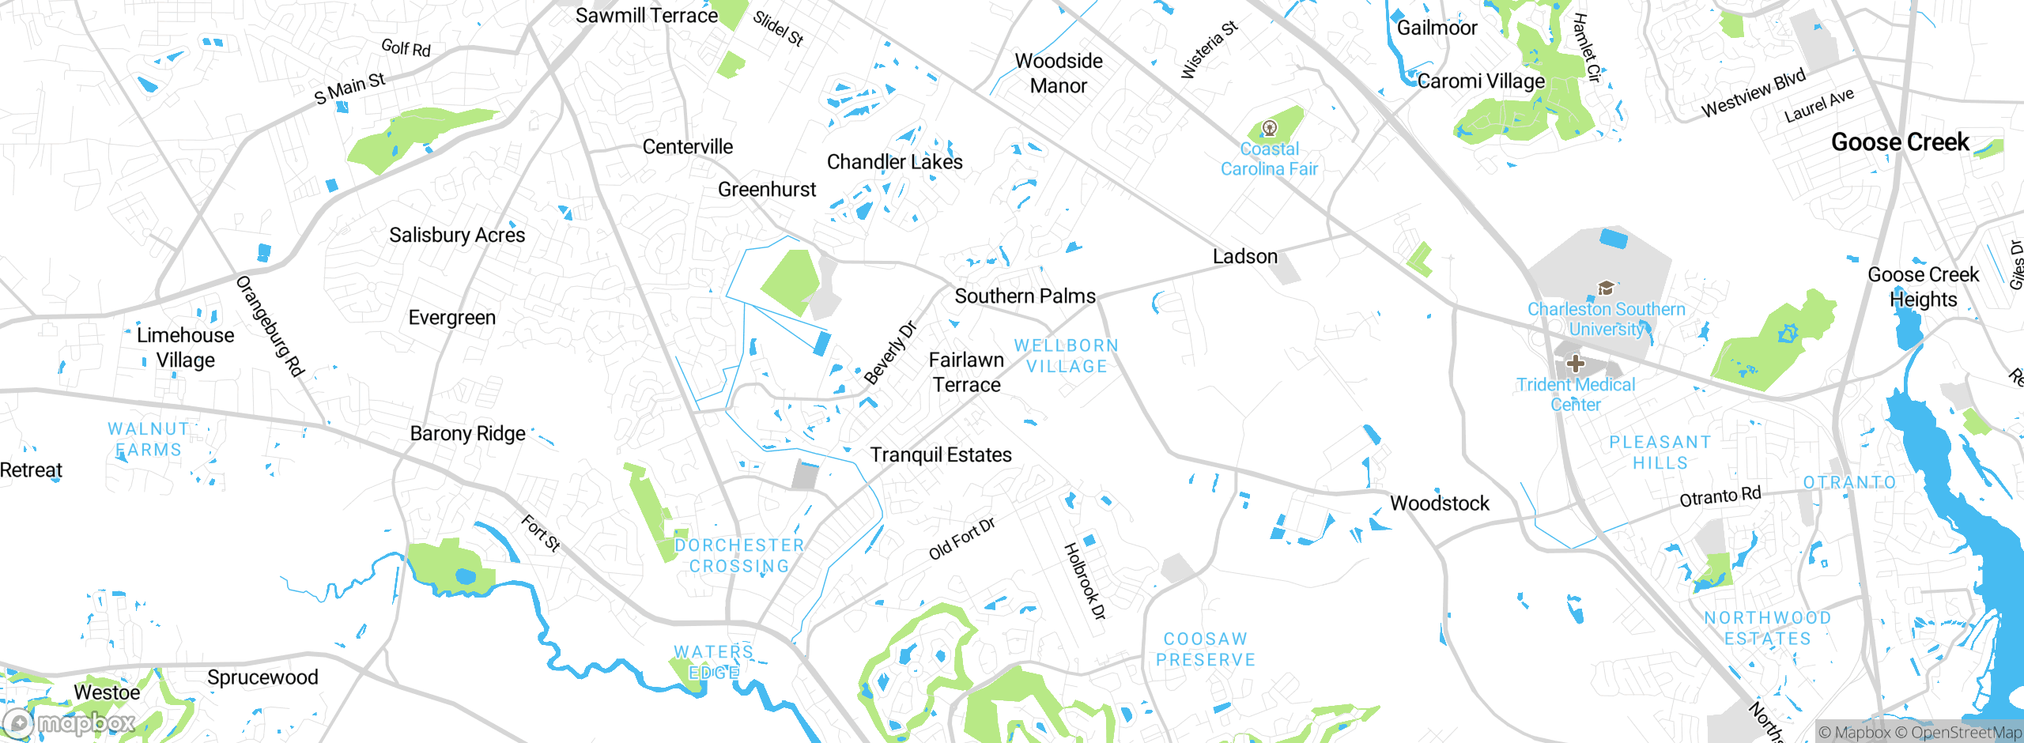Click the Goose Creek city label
(x=1899, y=142)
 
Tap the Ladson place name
(x=1244, y=257)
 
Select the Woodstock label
(x=1439, y=504)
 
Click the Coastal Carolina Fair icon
(x=1270, y=127)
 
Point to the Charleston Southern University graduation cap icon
(x=1606, y=289)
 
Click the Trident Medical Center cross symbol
(x=1575, y=364)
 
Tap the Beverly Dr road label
(x=889, y=353)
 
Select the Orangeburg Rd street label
(x=270, y=326)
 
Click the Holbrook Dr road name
(x=1084, y=581)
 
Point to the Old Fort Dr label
(x=961, y=539)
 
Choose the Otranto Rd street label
(x=1720, y=497)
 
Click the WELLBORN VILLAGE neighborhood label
(x=1067, y=356)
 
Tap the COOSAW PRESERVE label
(x=1205, y=649)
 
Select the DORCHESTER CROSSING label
(x=739, y=556)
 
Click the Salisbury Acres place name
(x=456, y=235)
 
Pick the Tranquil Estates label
(x=941, y=455)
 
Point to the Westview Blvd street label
(x=1753, y=93)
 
